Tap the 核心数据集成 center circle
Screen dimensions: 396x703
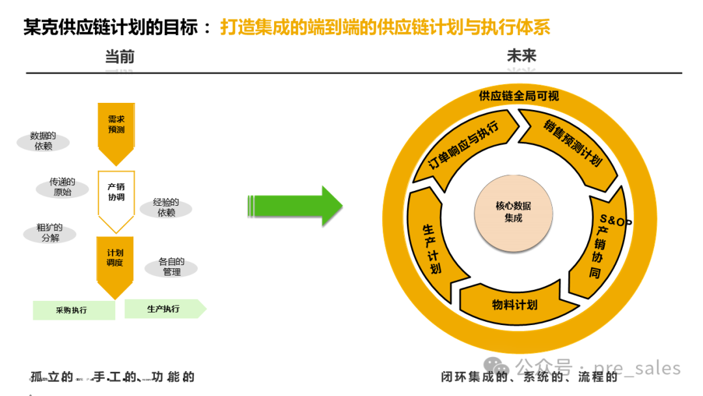point(513,212)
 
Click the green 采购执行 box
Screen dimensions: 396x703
point(74,310)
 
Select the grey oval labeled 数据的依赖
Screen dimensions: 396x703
point(43,141)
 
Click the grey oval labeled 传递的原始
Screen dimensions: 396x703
point(62,187)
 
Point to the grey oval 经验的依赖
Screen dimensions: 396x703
point(166,208)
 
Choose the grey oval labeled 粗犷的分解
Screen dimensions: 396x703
point(49,233)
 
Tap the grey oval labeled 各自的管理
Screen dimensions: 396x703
point(171,266)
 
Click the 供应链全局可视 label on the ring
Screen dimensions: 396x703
point(519,96)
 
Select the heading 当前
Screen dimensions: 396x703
point(120,57)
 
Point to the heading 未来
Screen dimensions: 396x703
point(521,56)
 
